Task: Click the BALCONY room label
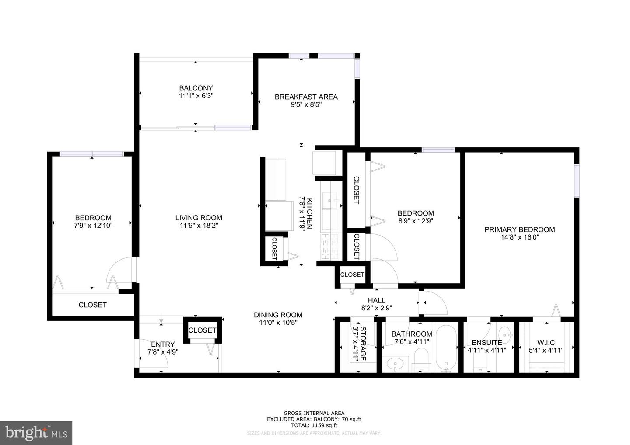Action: pos(196,88)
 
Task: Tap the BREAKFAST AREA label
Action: pos(306,97)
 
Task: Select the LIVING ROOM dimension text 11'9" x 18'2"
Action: pos(199,226)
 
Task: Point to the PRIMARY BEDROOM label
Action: pos(519,229)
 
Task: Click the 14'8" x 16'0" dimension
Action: pos(519,237)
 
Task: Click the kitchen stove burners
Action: pos(327,247)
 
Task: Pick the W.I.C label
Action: pos(546,342)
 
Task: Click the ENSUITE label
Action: pos(486,342)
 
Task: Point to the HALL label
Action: pos(376,300)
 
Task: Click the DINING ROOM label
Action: pos(278,315)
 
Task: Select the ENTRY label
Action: pos(163,344)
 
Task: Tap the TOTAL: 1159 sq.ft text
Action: pos(314,425)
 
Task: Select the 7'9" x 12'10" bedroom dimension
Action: pos(93,226)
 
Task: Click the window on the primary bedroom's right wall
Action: pos(577,180)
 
